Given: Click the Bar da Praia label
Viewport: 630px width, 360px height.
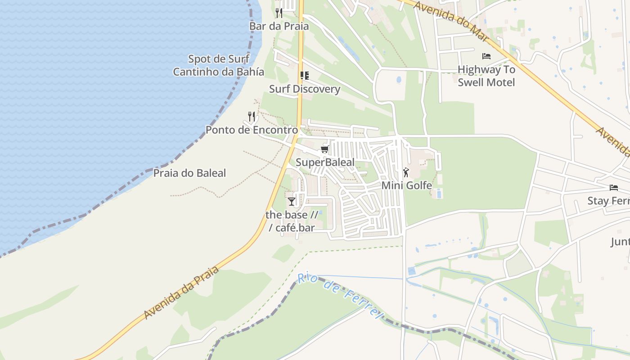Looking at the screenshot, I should [x=279, y=26].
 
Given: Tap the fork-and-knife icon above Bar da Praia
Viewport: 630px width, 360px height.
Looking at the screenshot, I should [x=279, y=13].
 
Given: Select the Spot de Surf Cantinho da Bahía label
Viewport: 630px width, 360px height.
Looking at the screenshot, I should [x=219, y=65].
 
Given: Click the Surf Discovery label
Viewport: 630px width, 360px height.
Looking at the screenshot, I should [x=305, y=89].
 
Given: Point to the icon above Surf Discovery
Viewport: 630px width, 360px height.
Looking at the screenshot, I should [x=305, y=75].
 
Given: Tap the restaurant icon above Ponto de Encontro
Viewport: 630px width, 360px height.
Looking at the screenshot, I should [x=252, y=117].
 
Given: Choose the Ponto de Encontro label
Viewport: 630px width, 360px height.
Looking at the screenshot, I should [x=252, y=130].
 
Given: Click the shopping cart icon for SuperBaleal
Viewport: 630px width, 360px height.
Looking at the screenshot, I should [x=324, y=149].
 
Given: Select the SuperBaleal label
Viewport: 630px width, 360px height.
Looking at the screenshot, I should [x=325, y=162].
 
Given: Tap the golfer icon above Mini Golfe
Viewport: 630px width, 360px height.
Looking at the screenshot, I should [x=406, y=172].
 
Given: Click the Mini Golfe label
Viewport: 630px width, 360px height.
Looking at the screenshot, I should [x=406, y=185].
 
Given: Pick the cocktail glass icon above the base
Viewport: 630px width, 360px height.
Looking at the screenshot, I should [x=292, y=201].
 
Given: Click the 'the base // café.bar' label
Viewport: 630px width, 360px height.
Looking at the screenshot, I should [x=292, y=221].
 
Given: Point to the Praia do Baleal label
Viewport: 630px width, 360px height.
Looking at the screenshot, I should [x=189, y=173].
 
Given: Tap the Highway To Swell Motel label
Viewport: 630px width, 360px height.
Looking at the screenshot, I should [x=486, y=76].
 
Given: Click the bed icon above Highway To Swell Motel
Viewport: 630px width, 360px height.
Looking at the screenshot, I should [x=486, y=56].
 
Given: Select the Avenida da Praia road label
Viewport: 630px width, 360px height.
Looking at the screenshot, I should [x=182, y=292].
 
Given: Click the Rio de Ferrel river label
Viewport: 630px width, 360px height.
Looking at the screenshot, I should [x=340, y=294].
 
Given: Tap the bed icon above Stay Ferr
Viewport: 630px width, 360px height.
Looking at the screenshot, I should [x=613, y=187].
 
